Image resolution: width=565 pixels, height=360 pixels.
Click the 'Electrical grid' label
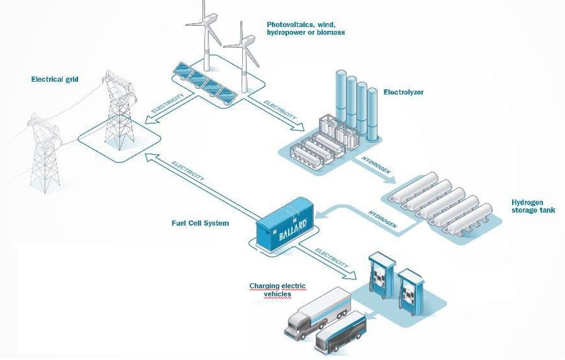59,79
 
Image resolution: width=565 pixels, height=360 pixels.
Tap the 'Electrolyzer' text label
403,92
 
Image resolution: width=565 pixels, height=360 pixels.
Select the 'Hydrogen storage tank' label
533,206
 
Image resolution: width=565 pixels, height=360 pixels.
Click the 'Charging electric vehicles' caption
277,290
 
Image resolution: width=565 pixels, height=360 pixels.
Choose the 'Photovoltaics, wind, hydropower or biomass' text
305,28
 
